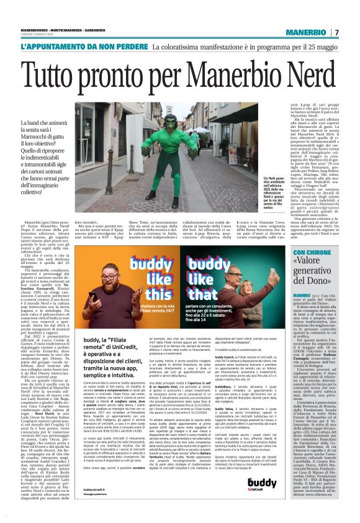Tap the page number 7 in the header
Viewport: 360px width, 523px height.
pos(336,32)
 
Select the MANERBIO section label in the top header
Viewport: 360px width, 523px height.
pos(307,32)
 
